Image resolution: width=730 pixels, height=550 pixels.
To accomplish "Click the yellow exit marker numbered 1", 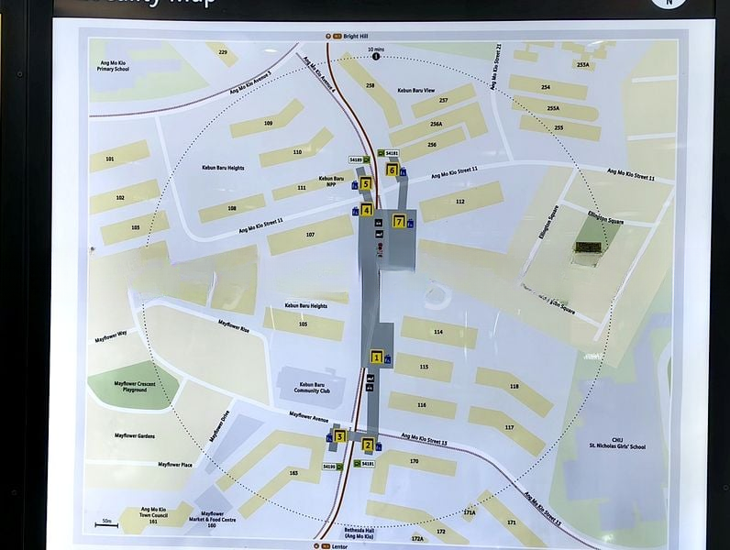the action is (376, 357).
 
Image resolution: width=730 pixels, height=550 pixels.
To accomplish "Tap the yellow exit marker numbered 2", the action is (368, 445).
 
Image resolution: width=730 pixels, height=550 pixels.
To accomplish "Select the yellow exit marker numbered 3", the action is (339, 436).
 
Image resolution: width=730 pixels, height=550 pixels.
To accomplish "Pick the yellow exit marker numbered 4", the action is (367, 211).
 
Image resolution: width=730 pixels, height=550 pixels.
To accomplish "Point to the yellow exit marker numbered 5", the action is (365, 184).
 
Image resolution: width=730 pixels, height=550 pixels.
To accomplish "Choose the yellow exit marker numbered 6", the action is (392, 170).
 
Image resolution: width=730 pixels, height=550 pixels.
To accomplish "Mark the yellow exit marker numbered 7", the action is (399, 221).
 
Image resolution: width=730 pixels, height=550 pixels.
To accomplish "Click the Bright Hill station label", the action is (352, 37).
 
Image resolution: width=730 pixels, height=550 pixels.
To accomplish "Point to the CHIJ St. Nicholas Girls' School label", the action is (617, 444).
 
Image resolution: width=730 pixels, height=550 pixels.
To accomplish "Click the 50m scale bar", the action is (106, 524).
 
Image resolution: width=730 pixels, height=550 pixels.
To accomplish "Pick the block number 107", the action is (310, 234).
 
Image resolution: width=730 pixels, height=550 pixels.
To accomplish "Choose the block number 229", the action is (223, 53).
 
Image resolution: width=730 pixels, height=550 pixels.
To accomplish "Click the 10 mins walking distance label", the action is (376, 50).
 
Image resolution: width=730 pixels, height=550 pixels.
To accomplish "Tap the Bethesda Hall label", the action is (359, 533).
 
